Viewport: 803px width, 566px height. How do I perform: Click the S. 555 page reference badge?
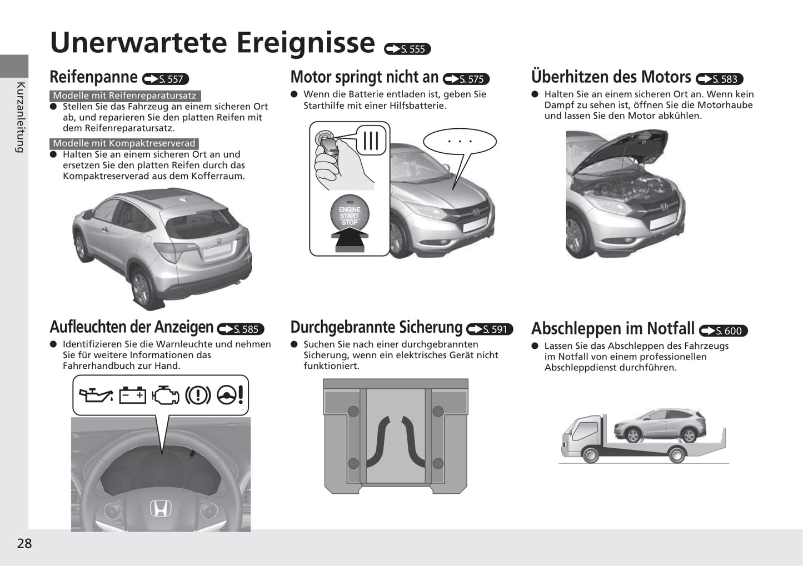(x=407, y=49)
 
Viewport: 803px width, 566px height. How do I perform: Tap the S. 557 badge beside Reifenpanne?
(x=166, y=79)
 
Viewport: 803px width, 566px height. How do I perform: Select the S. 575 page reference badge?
(x=466, y=79)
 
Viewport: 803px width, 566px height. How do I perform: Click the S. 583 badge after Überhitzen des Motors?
(x=720, y=79)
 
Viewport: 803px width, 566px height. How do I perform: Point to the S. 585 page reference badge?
(x=241, y=329)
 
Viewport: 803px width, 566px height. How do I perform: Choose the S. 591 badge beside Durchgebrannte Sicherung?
(x=490, y=329)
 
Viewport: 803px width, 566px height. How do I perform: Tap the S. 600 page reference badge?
(x=724, y=330)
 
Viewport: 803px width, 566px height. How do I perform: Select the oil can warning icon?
(x=96, y=395)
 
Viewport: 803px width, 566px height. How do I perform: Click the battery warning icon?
(x=132, y=395)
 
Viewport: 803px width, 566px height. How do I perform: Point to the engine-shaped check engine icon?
(x=166, y=395)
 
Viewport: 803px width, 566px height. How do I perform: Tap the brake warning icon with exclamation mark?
(x=198, y=395)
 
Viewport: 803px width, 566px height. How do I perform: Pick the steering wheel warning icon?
(x=230, y=395)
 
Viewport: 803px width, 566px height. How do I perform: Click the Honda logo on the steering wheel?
(x=160, y=508)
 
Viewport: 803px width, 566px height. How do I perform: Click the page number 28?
(x=24, y=543)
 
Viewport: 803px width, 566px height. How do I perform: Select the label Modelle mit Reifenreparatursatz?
(x=124, y=96)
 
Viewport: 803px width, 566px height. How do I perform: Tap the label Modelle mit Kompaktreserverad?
(x=124, y=144)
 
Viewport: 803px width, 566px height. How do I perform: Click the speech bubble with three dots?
(x=460, y=142)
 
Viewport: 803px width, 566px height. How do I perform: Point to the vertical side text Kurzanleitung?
(x=21, y=118)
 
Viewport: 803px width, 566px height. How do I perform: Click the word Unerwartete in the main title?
(x=138, y=43)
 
